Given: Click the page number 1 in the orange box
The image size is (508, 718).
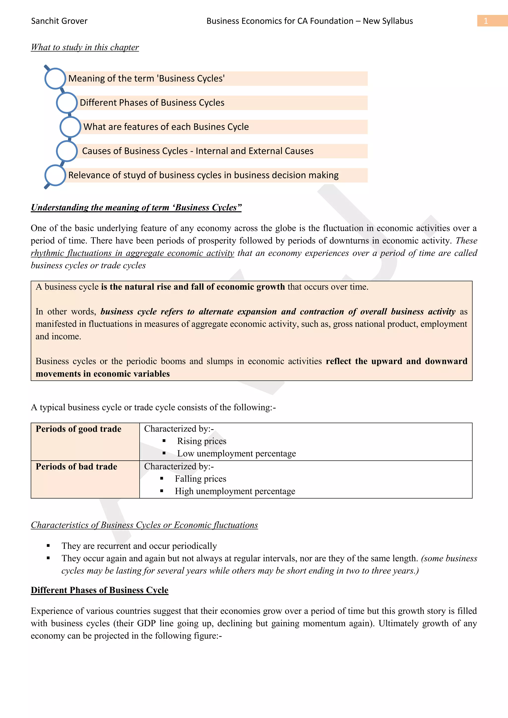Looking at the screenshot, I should (x=485, y=21).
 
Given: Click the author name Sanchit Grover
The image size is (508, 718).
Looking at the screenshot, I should (x=59, y=21).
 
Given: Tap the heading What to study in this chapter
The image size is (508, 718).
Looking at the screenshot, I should (x=85, y=47).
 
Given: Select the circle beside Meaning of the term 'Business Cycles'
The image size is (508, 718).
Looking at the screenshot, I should (x=55, y=79).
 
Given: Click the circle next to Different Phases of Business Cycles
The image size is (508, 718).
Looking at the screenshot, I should (x=67, y=103).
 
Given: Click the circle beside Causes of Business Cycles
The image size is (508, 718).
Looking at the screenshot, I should (x=67, y=151).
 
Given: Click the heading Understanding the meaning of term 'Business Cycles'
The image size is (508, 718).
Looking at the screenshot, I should (x=136, y=207).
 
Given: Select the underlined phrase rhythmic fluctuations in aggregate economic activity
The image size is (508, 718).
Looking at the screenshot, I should (x=132, y=253).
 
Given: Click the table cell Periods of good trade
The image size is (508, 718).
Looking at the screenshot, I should (x=79, y=429).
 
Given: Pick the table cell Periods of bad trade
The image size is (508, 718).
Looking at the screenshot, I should (x=76, y=467).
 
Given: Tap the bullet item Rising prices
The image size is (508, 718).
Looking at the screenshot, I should (x=201, y=441).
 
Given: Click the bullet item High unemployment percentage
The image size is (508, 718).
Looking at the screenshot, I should (x=235, y=491).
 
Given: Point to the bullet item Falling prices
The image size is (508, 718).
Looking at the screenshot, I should (x=200, y=479).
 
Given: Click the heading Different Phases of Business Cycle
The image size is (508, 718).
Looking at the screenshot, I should (x=99, y=590).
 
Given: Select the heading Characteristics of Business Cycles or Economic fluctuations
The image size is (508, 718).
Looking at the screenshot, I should (x=144, y=525).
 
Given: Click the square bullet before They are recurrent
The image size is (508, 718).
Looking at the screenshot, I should (x=48, y=546).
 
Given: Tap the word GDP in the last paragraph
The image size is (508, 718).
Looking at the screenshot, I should (x=146, y=623).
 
